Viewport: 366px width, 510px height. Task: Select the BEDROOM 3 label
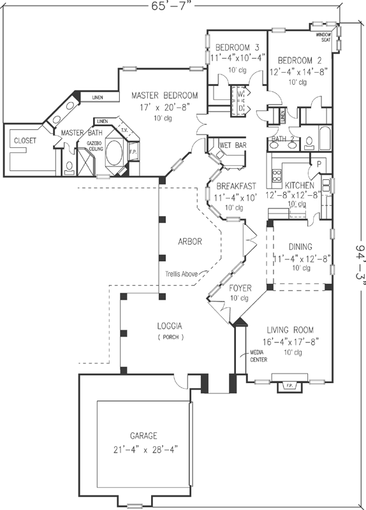[x=237, y=47]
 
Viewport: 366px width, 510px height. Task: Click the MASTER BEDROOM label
[x=165, y=96]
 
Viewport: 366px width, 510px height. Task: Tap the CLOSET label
[x=24, y=140]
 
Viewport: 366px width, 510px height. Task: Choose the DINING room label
[x=300, y=247]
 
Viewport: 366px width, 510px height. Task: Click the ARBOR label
[x=190, y=242]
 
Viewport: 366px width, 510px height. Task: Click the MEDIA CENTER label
[x=258, y=356]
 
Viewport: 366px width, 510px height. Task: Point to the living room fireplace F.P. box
[x=286, y=386]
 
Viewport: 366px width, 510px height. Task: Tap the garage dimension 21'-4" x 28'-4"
[x=144, y=449]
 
